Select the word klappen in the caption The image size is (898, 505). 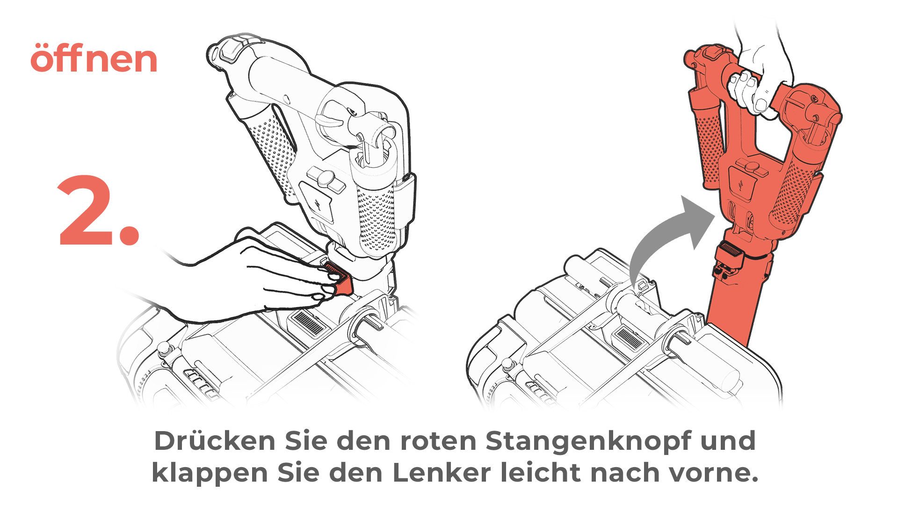click(210, 473)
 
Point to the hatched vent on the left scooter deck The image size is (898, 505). click(308, 323)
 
